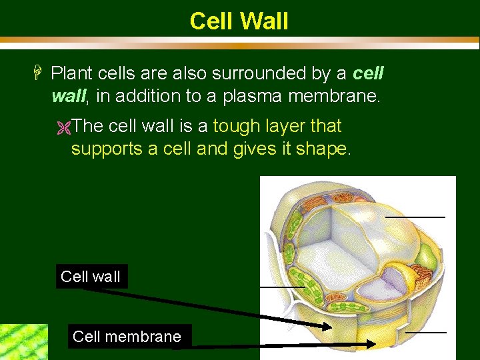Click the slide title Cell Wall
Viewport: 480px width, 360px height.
click(239, 21)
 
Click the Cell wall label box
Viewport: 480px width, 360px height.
click(91, 277)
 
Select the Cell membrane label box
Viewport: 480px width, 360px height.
click(127, 337)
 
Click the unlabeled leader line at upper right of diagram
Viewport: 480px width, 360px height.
click(415, 217)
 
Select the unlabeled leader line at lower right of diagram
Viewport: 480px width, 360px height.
click(425, 331)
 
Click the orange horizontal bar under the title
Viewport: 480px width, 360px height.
click(240, 46)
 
